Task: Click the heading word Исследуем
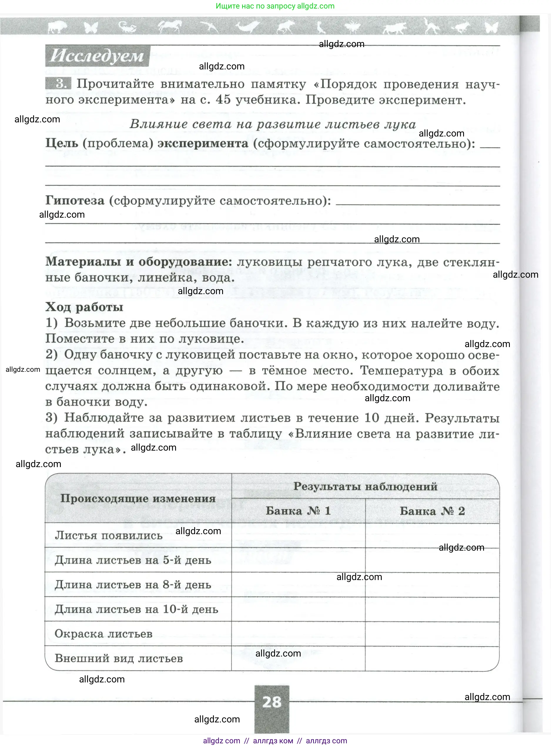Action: point(97,56)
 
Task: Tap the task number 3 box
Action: point(59,84)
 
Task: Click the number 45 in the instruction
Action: point(223,100)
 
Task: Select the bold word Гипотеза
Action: point(75,200)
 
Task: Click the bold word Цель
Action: point(62,143)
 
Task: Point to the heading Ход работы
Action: point(84,307)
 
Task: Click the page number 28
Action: point(272,702)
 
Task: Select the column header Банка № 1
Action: point(298,511)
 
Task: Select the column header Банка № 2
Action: point(432,511)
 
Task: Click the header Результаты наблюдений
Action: point(365,486)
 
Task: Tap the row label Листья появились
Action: point(108,535)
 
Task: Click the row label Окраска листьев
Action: point(103,634)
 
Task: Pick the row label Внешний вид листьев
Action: point(119,658)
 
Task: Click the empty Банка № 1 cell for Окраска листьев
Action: point(298,634)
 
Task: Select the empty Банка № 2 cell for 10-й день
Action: point(432,609)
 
